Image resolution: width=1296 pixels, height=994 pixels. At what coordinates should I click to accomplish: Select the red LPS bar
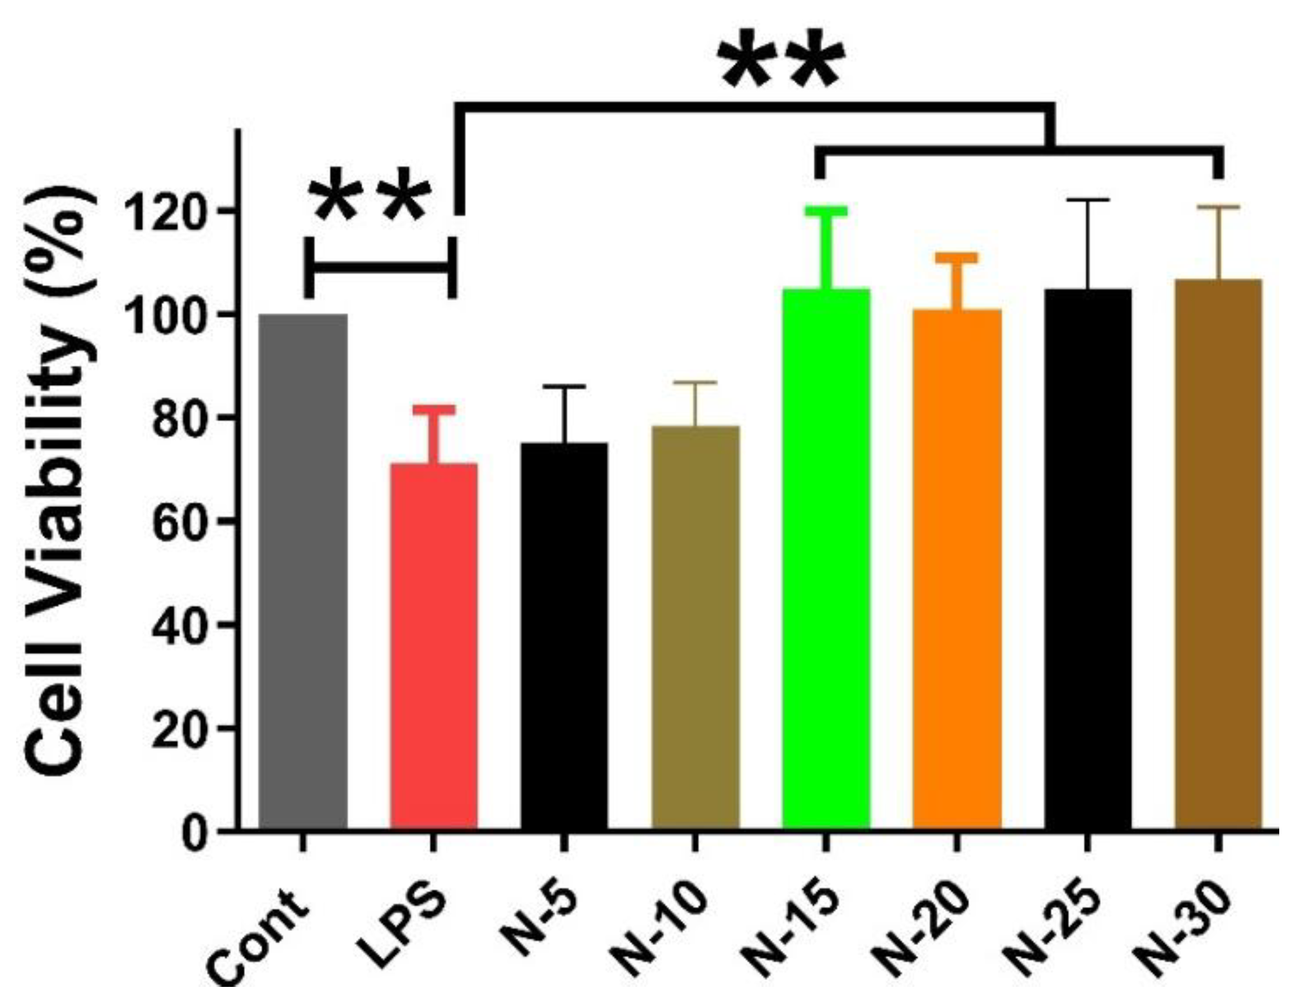pyautogui.click(x=434, y=645)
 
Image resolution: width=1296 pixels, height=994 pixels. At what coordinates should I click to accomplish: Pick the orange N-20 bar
pyautogui.click(x=957, y=568)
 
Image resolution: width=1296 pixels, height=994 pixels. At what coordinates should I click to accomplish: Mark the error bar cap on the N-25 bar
pyautogui.click(x=1088, y=201)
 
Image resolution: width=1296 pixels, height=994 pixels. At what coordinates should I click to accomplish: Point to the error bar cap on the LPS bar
pyautogui.click(x=434, y=410)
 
